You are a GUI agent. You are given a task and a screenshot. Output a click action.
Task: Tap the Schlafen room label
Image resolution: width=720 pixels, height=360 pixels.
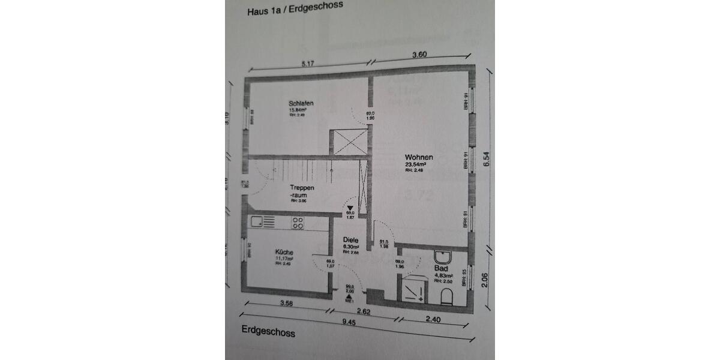tap(301, 103)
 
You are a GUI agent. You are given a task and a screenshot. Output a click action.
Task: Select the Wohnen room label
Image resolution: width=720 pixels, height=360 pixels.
tap(418, 157)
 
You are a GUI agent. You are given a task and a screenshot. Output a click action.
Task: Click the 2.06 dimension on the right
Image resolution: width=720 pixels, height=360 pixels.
tap(484, 277)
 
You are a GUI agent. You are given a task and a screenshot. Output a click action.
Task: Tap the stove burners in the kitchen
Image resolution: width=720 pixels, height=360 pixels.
tap(298, 223)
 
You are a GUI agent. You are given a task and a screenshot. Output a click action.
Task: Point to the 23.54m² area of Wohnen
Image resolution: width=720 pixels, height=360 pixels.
tap(415, 164)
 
